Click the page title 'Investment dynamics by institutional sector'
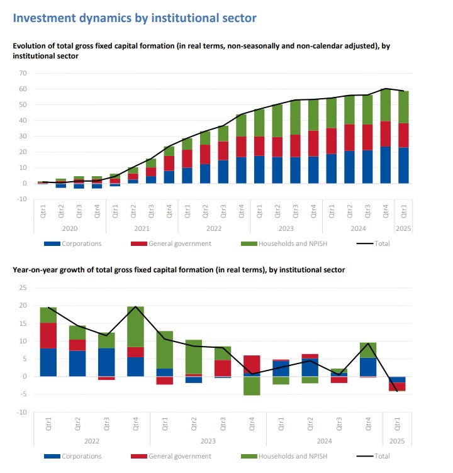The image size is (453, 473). click(135, 18)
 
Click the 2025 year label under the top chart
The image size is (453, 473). click(403, 229)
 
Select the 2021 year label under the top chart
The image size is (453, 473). click(142, 229)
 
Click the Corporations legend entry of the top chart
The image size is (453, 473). click(82, 243)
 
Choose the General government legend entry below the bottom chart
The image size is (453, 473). click(179, 456)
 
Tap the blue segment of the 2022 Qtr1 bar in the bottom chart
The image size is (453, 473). click(48, 362)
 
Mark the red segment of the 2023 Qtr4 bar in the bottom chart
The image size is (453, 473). click(252, 364)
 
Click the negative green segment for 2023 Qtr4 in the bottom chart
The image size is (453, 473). click(252, 386)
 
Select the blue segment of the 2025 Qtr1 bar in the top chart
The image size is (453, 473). click(403, 165)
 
